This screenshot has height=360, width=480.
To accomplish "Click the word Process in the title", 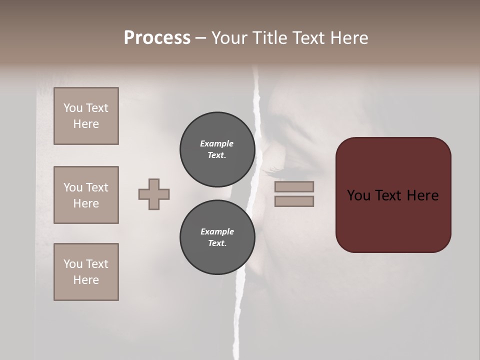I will [x=157, y=38].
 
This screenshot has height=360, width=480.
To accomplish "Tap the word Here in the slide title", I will [x=349, y=38].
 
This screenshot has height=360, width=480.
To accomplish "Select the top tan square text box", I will [x=86, y=116].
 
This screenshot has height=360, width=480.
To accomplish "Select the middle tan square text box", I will [x=86, y=195].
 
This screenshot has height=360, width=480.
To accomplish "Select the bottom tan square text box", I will [x=86, y=272].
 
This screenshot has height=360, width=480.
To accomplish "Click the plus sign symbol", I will [x=154, y=194].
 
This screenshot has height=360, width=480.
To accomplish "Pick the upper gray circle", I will [x=217, y=149].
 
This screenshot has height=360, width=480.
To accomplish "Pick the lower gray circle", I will [x=217, y=237].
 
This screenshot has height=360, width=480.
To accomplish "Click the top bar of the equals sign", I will [x=294, y=186].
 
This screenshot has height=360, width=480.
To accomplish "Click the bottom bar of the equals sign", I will [x=294, y=201].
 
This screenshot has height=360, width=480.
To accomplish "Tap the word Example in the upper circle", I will [x=217, y=143].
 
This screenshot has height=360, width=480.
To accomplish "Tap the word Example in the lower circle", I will [x=217, y=231].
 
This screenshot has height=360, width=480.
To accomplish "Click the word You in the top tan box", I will [x=73, y=108].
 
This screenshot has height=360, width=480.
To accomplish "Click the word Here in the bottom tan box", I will [x=86, y=280].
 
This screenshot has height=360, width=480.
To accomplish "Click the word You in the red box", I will [x=358, y=195].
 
